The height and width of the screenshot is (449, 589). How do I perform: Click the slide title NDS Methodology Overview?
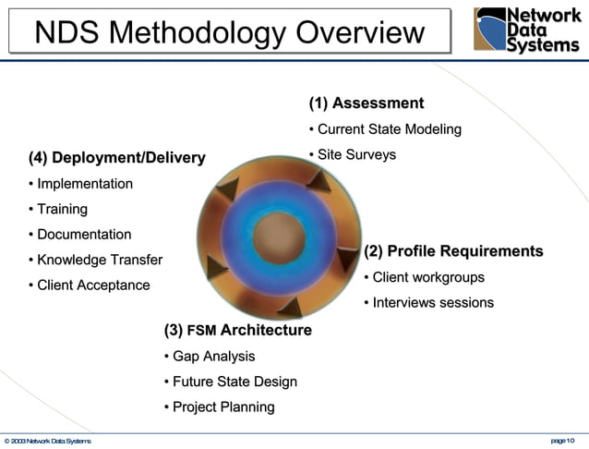point(229,32)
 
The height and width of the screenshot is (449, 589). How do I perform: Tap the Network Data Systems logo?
point(526,30)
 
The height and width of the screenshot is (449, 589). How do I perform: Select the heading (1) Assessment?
point(366,103)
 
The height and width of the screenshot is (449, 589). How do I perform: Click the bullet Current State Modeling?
point(385,129)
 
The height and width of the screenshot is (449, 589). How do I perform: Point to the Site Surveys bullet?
point(352,154)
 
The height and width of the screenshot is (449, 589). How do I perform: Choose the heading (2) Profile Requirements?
point(453,251)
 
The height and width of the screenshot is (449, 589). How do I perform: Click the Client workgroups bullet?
point(424,277)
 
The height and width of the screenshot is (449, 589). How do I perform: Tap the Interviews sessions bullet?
point(428,303)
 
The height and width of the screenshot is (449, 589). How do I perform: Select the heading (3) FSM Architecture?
point(237,330)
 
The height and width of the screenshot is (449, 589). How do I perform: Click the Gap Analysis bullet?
point(209,356)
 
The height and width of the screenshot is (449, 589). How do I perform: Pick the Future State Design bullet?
point(230,382)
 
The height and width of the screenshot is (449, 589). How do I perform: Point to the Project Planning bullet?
point(219,407)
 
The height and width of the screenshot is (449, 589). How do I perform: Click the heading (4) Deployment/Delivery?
point(116,158)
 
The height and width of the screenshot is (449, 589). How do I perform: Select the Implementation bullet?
point(80,184)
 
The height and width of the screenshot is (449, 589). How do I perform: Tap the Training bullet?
point(58,210)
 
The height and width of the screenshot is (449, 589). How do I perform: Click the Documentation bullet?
point(80,235)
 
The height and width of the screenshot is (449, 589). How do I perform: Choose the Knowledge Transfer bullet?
point(95,260)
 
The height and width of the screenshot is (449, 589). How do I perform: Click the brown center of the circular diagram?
point(279,237)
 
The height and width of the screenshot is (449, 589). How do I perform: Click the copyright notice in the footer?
point(46,441)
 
